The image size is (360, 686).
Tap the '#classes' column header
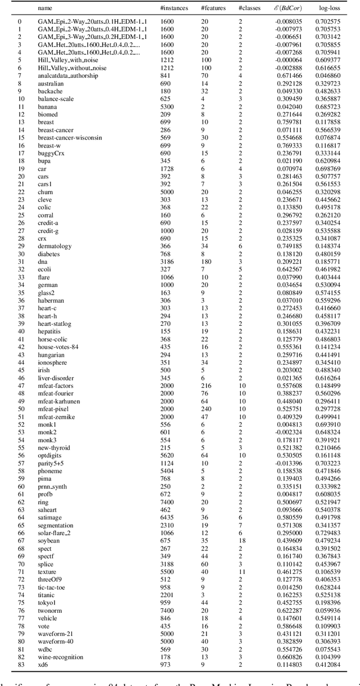[249, 8]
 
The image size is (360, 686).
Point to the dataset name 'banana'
[47, 106]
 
